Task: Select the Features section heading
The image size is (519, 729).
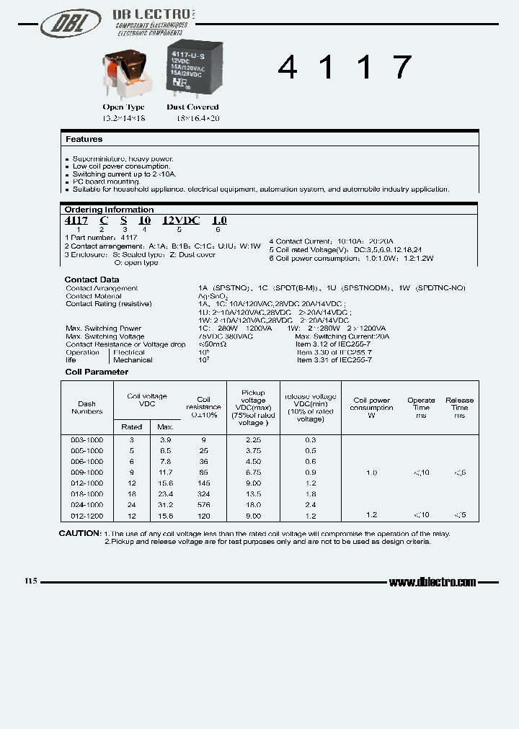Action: click(84, 139)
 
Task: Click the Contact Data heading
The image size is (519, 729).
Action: click(92, 279)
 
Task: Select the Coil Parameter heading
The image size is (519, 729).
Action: click(97, 372)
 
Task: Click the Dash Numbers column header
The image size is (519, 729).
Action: click(87, 408)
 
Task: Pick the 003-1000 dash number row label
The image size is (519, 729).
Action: click(87, 439)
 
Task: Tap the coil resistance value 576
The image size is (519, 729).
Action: click(203, 505)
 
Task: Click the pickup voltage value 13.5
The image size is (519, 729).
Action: click(254, 494)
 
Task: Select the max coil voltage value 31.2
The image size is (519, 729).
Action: click(166, 505)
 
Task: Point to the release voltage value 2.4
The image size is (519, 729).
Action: click(310, 505)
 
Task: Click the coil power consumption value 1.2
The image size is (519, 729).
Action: click(371, 516)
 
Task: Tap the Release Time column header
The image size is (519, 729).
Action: click(459, 408)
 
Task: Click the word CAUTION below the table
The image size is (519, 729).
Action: click(79, 533)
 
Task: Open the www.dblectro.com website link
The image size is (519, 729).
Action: click(432, 582)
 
